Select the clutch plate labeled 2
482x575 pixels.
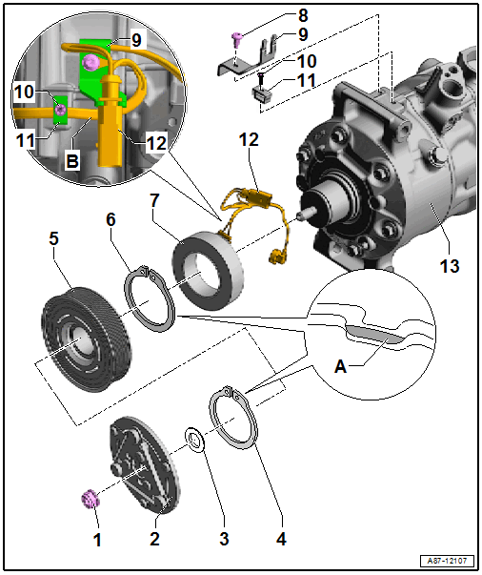pyautogui.click(x=144, y=464)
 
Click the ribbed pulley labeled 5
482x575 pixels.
pyautogui.click(x=87, y=339)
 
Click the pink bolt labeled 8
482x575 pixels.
pyautogui.click(x=236, y=39)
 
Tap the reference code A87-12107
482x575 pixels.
pyautogui.click(x=447, y=561)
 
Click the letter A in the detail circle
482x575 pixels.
pyautogui.click(x=340, y=366)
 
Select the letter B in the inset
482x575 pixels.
pyautogui.click(x=72, y=161)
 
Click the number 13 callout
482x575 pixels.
pyautogui.click(x=450, y=266)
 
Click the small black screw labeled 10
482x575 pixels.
pyautogui.click(x=261, y=79)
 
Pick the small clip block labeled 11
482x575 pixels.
pyautogui.click(x=261, y=93)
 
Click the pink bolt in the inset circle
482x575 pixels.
pyautogui.click(x=90, y=63)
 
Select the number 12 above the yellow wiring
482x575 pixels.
pyautogui.click(x=249, y=139)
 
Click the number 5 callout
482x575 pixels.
pyautogui.click(x=53, y=238)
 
